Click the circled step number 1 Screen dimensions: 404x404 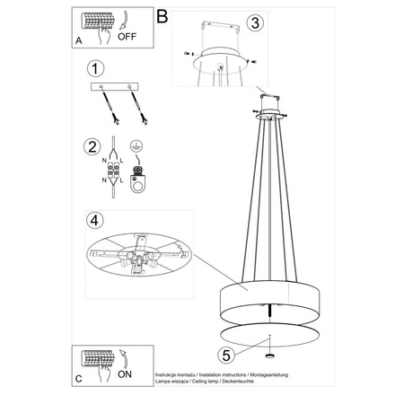tap(92, 68)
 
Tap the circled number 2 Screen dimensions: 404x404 tap(92, 147)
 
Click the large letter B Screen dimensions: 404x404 tap(162, 14)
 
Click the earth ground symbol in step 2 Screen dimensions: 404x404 tap(136, 145)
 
